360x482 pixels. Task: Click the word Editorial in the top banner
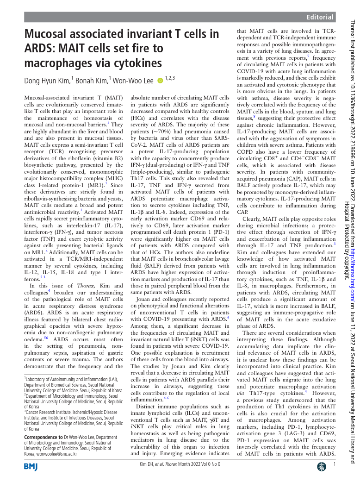pos(320,18)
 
